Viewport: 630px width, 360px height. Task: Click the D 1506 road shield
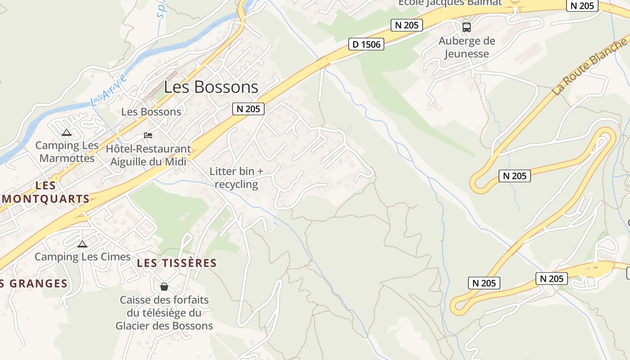pyautogui.click(x=366, y=44)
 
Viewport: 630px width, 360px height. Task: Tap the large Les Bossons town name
pyautogui.click(x=211, y=87)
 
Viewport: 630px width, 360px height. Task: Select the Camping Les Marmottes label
pyautogui.click(x=67, y=152)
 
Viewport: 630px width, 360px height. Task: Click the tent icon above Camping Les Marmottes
pyautogui.click(x=67, y=132)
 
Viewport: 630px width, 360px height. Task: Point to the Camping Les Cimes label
pyautogui.click(x=82, y=256)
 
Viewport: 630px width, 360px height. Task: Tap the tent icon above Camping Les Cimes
pyautogui.click(x=82, y=244)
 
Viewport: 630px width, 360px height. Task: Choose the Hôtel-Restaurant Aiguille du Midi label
pyautogui.click(x=148, y=155)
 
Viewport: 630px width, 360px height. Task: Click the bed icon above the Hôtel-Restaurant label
pyautogui.click(x=148, y=135)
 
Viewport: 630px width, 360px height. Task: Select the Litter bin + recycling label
pyautogui.click(x=236, y=178)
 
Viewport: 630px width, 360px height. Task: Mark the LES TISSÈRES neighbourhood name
pyautogui.click(x=177, y=263)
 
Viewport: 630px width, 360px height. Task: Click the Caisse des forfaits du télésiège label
pyautogui.click(x=164, y=312)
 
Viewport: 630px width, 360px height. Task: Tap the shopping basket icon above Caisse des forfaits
pyautogui.click(x=164, y=287)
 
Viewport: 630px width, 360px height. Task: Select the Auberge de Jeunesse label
pyautogui.click(x=467, y=47)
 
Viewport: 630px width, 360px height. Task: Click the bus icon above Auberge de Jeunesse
pyautogui.click(x=467, y=27)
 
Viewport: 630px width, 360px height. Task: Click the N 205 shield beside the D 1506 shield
pyautogui.click(x=407, y=25)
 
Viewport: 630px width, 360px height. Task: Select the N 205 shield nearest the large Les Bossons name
pyautogui.click(x=248, y=108)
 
